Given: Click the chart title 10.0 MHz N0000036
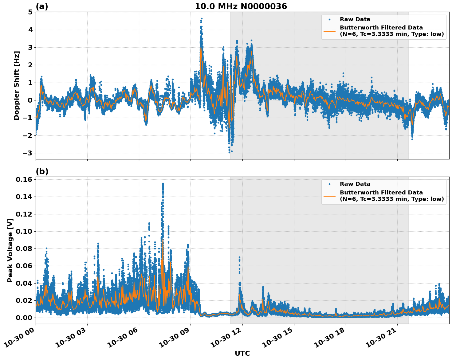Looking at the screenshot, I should [241, 6].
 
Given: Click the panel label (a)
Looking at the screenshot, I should [42, 6].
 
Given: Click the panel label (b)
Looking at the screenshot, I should [42, 171].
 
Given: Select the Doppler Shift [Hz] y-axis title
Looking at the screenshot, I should [17, 85].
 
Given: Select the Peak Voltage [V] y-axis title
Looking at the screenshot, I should [10, 250].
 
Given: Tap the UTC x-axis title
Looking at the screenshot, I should [242, 353].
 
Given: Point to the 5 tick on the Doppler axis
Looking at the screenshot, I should [30, 12].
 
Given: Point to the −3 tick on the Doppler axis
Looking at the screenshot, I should [28, 153].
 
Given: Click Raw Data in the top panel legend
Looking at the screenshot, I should [355, 19].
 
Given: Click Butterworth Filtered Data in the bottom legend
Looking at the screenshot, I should [381, 193].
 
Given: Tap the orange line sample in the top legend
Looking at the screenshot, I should [329, 31].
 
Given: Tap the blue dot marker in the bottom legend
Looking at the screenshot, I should [329, 184].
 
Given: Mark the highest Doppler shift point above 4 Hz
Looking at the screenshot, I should [202, 19].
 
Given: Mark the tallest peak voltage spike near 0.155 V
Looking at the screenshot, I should [163, 184].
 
